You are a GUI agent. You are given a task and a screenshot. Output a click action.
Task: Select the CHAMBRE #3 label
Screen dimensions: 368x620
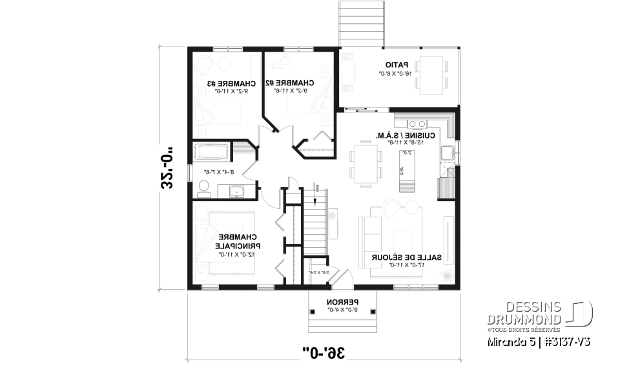pos(231,83)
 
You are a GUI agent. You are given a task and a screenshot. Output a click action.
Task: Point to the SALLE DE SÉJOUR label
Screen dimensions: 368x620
pos(407,257)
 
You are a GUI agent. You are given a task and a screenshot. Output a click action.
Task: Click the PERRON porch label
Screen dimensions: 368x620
pos(342,302)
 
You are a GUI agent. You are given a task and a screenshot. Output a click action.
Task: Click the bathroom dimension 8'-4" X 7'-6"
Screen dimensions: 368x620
pos(218,172)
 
